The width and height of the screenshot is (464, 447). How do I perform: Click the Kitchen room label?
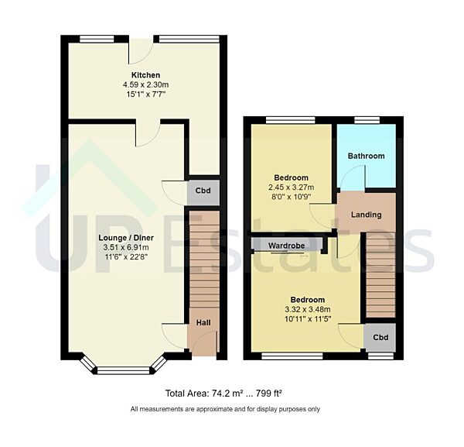point(145,75)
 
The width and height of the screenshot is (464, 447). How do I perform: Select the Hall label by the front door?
point(202,323)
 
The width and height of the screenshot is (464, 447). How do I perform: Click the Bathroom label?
point(366,156)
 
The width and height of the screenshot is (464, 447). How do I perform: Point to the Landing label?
point(367,215)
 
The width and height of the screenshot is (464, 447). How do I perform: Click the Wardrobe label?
point(286,246)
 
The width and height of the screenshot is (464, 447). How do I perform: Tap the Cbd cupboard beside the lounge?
point(203,191)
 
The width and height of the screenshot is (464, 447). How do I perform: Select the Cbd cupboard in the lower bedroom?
point(380,338)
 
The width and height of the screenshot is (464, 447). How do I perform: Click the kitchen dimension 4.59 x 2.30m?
point(145,84)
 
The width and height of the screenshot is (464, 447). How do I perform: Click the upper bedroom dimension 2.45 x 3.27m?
point(290,187)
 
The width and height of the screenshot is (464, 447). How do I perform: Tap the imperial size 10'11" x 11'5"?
point(307,318)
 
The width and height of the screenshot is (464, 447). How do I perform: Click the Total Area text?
point(225,392)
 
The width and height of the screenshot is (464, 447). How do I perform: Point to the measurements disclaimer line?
point(225,409)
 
